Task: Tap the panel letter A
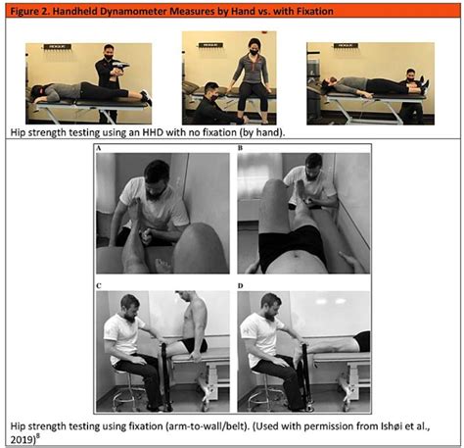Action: click(99, 148)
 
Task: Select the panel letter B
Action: click(240, 148)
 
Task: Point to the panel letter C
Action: click(99, 286)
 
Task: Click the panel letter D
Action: click(241, 286)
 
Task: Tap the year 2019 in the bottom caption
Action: click(22, 439)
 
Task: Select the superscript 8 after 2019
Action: click(37, 436)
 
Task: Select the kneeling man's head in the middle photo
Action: click(210, 92)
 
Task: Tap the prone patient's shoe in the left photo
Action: click(146, 97)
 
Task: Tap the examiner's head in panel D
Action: click(271, 305)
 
